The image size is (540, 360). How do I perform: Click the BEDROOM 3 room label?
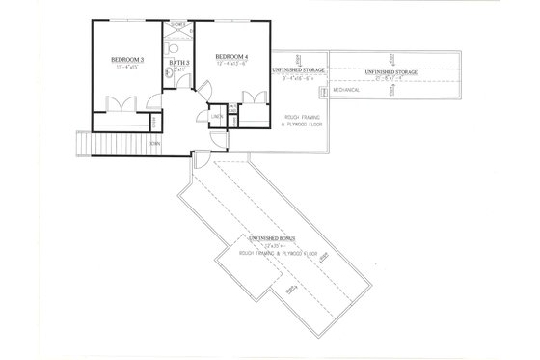click(127, 60)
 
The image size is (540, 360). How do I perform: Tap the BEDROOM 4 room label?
click(233, 56)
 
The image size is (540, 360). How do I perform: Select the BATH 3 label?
click(179, 64)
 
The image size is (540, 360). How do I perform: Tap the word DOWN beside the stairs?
click(153, 142)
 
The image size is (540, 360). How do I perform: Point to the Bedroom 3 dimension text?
click(127, 68)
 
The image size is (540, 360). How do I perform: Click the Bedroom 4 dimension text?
click(235, 65)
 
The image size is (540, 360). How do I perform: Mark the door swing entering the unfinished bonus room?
click(199, 158)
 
